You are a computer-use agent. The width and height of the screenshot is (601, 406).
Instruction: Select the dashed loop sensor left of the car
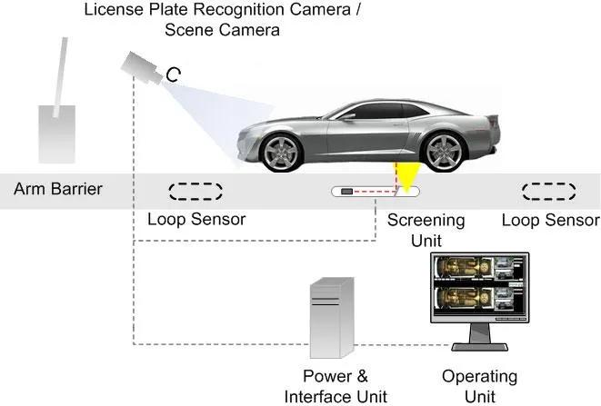195,192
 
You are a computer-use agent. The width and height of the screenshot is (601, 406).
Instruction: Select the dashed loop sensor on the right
549,192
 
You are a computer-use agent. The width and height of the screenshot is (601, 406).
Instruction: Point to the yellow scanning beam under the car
404,174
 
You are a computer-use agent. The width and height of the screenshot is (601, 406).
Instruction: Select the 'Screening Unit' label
426,230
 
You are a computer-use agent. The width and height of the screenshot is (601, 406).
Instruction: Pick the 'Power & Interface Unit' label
335,386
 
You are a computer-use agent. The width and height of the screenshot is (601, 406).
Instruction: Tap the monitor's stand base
478,347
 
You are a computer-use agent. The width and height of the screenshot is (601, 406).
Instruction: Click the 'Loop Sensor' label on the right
550,220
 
